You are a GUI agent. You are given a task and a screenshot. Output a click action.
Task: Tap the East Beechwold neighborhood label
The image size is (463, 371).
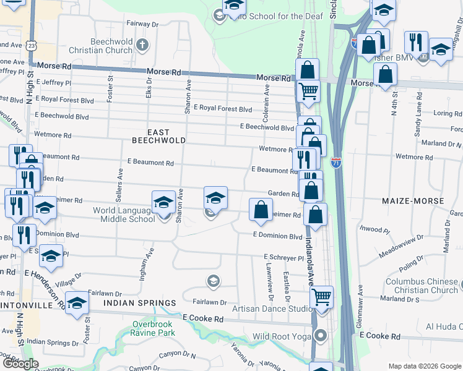158,136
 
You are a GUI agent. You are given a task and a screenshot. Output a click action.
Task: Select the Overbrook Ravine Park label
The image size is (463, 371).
153,328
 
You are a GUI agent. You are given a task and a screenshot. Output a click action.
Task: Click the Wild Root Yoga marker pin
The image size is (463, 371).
321,336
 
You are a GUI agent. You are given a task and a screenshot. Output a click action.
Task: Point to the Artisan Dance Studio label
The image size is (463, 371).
272,309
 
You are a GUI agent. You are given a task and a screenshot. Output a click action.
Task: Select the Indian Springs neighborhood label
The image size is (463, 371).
139,303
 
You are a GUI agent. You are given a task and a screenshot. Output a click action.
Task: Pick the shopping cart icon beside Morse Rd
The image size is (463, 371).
308,92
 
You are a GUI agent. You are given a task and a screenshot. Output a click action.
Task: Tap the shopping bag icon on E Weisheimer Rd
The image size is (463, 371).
261,209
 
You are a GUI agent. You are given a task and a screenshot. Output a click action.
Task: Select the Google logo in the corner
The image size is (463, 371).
20,364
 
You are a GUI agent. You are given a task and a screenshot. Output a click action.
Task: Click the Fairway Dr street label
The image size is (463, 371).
142,24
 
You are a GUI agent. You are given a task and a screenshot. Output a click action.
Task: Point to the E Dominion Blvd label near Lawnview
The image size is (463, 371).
277,236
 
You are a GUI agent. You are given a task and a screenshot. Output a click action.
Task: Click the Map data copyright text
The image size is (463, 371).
424,366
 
